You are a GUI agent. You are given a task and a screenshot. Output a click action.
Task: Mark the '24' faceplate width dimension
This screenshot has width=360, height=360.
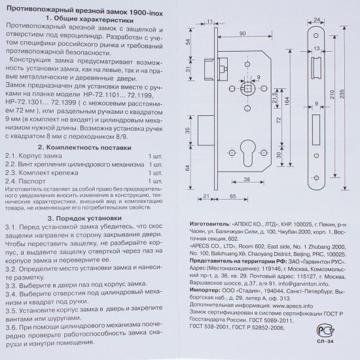pos(317,20)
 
